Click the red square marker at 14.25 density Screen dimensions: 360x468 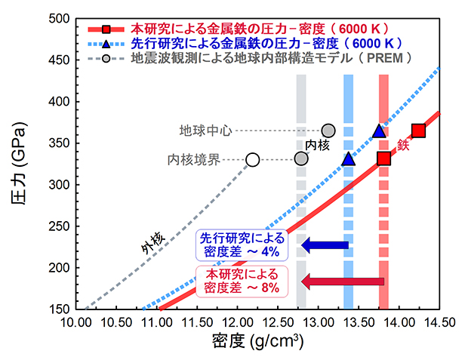(418, 131)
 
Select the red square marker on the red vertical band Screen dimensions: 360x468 (383, 158)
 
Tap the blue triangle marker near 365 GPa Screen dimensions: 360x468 (379, 132)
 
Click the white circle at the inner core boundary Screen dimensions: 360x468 (252, 159)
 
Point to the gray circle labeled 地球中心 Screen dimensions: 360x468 (328, 131)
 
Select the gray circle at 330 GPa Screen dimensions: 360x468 (301, 158)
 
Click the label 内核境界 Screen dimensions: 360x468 (192, 160)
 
